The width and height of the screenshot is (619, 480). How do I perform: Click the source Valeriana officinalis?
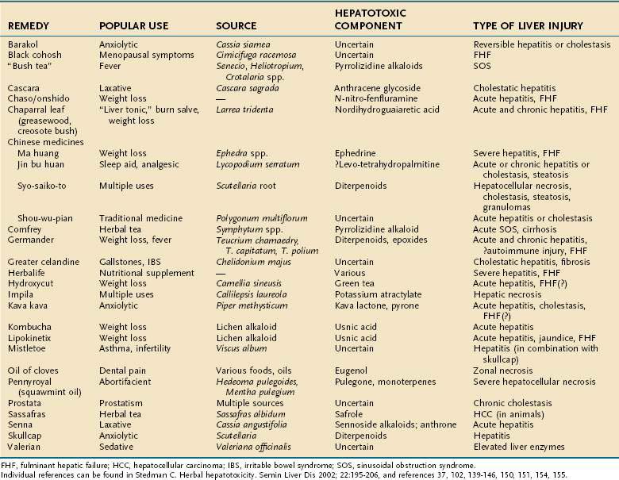pos(257,447)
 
